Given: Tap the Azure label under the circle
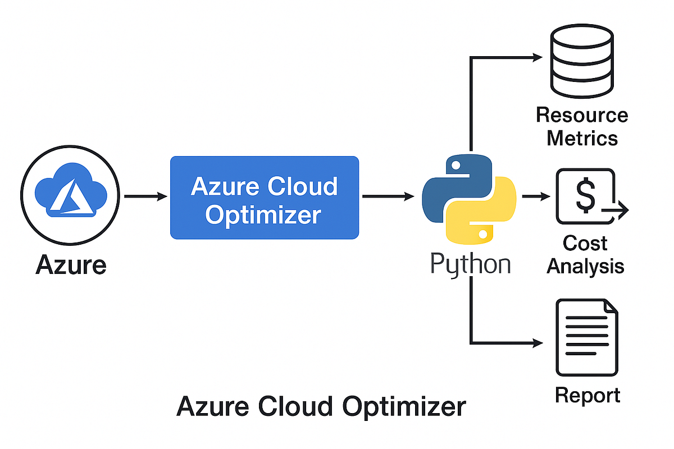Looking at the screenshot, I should point(71,264).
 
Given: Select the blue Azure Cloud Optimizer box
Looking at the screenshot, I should point(264,198).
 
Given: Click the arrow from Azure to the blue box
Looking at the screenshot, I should point(145,196).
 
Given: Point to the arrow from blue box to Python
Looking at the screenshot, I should point(388,196).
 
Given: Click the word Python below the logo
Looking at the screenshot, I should point(471,264).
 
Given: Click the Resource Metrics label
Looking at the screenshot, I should point(582,126).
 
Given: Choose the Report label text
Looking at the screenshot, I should point(588,395).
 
